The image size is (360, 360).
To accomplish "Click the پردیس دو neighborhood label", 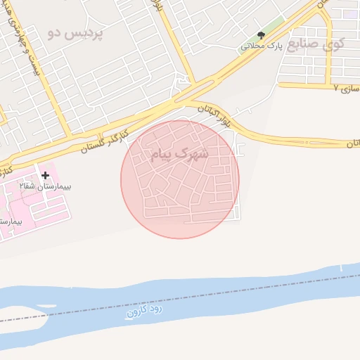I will tap(75, 33).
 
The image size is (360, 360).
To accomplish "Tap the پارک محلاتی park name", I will tap(261, 46).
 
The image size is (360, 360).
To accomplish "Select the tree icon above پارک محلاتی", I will tap(262, 35).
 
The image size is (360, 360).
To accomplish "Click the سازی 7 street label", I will tap(347, 89).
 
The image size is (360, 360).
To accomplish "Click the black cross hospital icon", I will tap(46, 174).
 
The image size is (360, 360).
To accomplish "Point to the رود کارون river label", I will tap(146, 309).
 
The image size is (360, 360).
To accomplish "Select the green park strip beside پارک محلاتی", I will tap(274, 29).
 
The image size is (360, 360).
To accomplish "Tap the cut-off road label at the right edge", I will tap(352, 143).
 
